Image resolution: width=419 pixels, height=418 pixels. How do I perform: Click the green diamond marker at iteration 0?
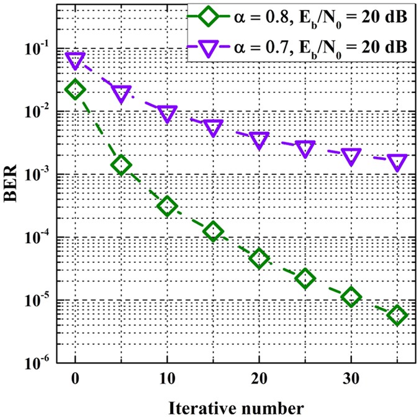tap(75, 90)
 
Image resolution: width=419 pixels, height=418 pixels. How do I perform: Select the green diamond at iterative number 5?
tap(121, 165)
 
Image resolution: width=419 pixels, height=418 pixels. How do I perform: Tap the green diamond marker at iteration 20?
tap(259, 258)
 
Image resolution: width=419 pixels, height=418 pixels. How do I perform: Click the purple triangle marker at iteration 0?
tap(75, 60)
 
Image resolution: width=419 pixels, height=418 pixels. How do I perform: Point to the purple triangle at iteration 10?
tap(167, 113)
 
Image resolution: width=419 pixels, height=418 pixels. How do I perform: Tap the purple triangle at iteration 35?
tap(397, 162)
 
